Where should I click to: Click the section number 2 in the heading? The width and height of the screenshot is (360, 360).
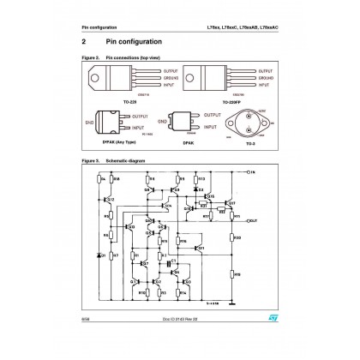[x=83, y=41]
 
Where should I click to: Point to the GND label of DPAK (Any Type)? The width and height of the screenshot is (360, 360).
[x=90, y=122]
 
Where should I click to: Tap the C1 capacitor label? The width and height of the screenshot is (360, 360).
[x=174, y=259]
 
